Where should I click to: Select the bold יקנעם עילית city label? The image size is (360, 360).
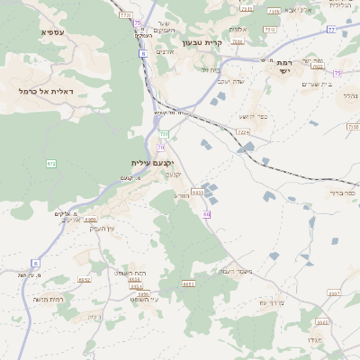(151, 163)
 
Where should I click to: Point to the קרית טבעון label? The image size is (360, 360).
(201, 42)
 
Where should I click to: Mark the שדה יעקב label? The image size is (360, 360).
(232, 82)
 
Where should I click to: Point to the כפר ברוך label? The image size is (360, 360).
(343, 193)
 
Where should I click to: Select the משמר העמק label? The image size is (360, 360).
(235, 271)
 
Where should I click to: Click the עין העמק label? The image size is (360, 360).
(101, 228)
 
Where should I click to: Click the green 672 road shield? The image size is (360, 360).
(51, 163)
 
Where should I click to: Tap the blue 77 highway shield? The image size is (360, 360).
(330, 30)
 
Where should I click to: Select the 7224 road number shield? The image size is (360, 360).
(243, 132)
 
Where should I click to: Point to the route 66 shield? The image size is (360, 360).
(207, 214)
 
